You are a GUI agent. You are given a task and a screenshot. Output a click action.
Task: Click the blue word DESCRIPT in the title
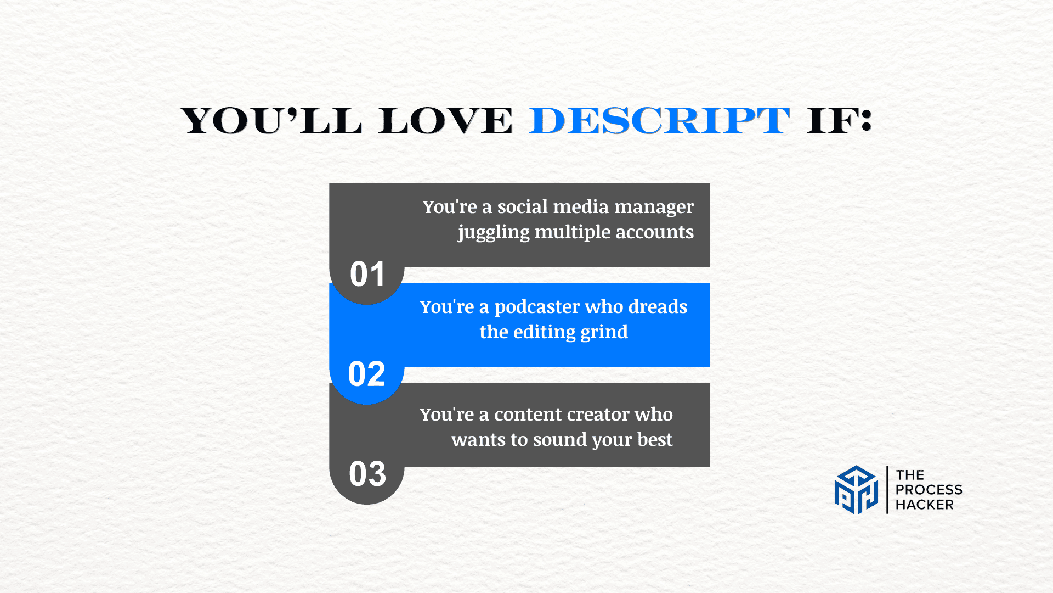[659, 120]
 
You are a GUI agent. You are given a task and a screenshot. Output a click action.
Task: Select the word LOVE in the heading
[445, 120]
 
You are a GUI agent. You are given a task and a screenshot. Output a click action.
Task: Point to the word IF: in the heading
[839, 120]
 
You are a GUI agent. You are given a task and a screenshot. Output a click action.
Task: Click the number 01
[367, 274]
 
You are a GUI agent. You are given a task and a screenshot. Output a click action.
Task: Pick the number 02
[367, 374]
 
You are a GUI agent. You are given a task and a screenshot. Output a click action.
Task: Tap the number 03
[367, 474]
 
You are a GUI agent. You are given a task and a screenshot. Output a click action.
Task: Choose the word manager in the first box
[654, 208]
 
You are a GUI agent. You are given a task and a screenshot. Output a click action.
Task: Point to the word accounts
[655, 232]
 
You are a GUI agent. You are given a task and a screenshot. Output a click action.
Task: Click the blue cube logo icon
[856, 490]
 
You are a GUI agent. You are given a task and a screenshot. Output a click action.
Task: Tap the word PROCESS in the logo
[929, 490]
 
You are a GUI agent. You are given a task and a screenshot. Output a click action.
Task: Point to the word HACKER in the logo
[925, 505]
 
